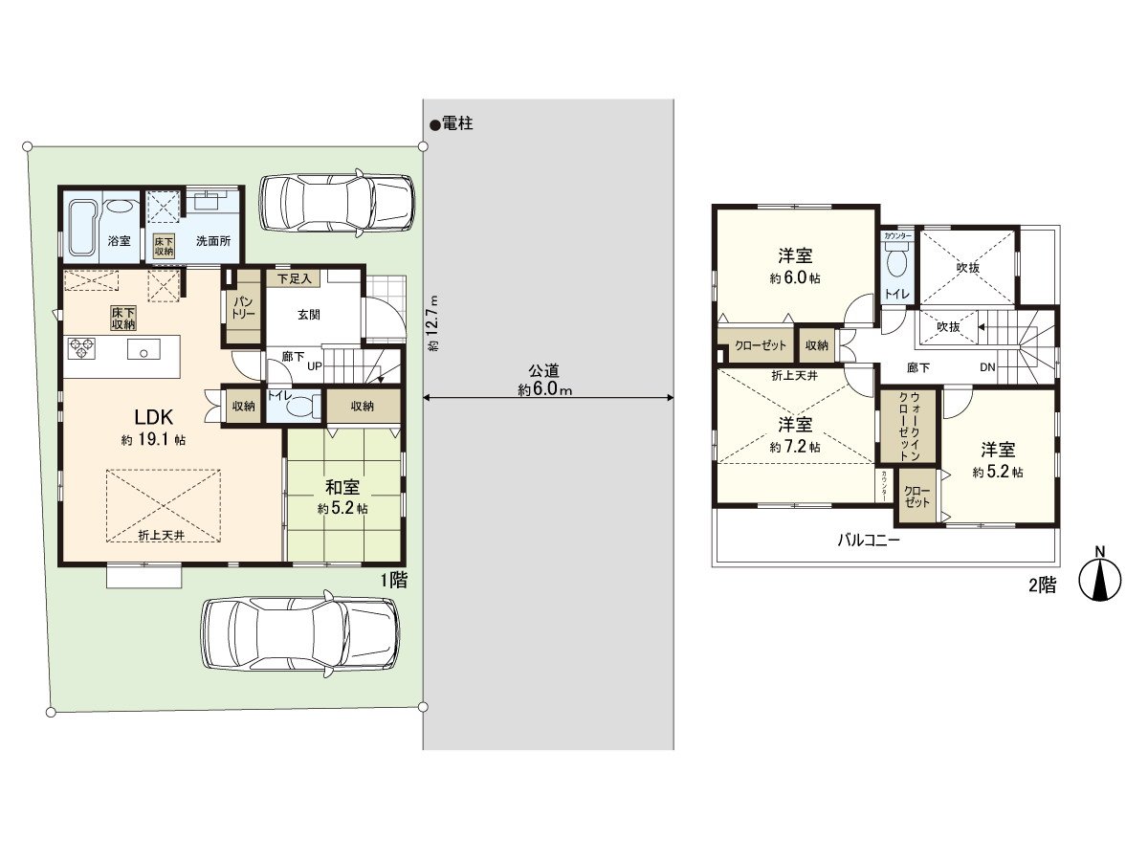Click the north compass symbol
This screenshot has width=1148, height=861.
pos(1100,577)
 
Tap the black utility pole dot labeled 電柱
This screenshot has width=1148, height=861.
pos(434,124)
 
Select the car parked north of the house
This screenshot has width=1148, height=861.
pos(338,203)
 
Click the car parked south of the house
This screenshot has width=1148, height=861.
pos(299,632)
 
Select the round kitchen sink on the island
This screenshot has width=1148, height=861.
pos(143,352)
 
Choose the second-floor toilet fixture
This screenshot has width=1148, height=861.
pos(897,260)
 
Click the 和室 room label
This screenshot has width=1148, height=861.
pos(342,487)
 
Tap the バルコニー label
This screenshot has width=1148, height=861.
pos(868,540)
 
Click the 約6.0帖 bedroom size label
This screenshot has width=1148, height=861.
pos(795,278)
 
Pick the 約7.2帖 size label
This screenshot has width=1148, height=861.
pos(795,446)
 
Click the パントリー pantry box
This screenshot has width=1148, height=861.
pos(243,308)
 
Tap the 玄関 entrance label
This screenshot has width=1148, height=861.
pos(308,313)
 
